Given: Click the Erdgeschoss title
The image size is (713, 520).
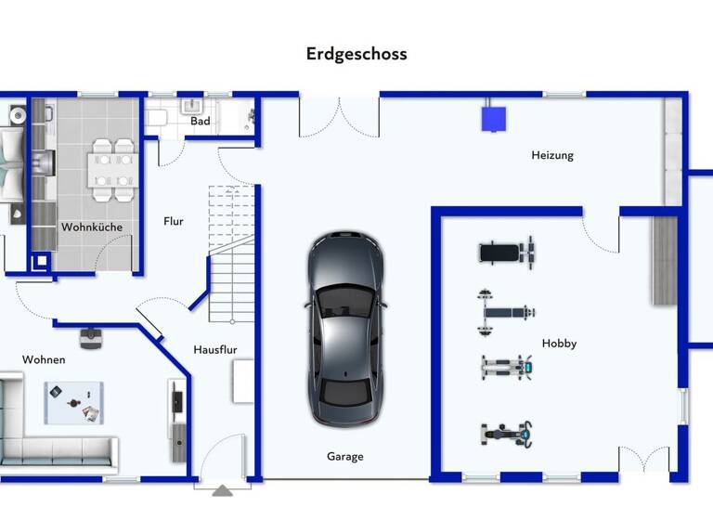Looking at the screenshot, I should pyautogui.click(x=356, y=54).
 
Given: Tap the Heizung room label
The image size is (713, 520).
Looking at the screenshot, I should pyautogui.click(x=551, y=155).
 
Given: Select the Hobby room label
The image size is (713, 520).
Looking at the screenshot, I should pyautogui.click(x=559, y=344).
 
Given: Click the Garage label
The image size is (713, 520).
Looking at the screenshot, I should pyautogui.click(x=344, y=456).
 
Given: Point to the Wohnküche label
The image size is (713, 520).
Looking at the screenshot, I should pyautogui.click(x=92, y=227).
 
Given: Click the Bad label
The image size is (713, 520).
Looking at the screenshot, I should pyautogui.click(x=201, y=121).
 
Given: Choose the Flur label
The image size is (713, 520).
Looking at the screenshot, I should pyautogui.click(x=174, y=221).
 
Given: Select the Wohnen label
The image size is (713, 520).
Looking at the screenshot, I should pyautogui.click(x=44, y=359).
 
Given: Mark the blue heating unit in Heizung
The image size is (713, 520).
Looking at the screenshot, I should pyautogui.click(x=493, y=118).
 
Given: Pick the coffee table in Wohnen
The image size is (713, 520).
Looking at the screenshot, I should pyautogui.click(x=72, y=402).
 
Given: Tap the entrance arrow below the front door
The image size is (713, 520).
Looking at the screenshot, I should pyautogui.click(x=221, y=491).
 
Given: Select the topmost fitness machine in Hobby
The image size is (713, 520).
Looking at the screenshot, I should pyautogui.click(x=506, y=252).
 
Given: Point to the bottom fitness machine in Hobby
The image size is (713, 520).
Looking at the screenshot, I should pyautogui.click(x=507, y=433).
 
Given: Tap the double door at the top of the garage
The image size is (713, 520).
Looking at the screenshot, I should pyautogui.click(x=339, y=116).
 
